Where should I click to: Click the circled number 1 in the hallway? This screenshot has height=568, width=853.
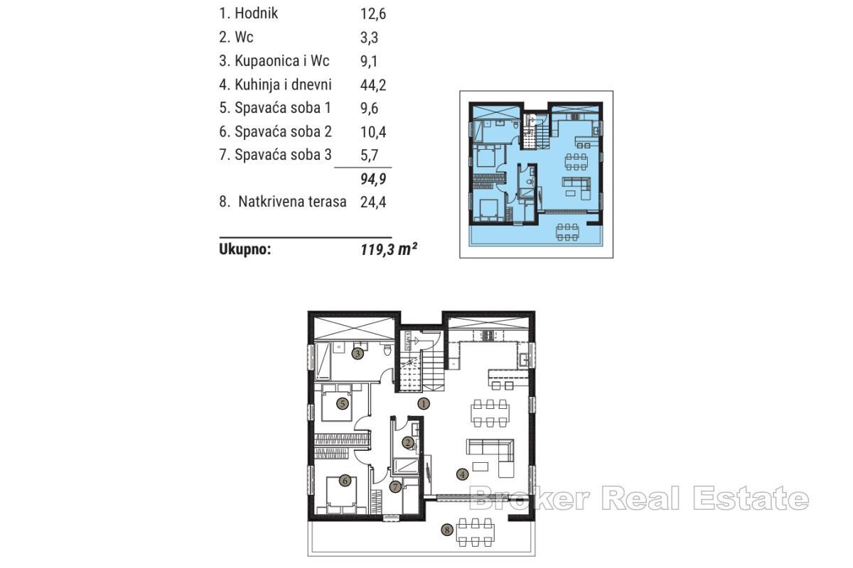[424, 404]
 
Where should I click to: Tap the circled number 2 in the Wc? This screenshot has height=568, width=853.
[407, 442]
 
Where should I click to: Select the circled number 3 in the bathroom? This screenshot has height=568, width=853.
[358, 352]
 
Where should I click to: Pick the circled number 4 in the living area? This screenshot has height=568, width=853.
[462, 474]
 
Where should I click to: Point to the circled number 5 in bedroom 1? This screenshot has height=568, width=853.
[342, 404]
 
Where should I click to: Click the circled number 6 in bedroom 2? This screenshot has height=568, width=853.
[345, 481]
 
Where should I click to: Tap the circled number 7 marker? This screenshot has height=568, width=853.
[395, 487]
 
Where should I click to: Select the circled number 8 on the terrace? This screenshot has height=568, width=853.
[447, 529]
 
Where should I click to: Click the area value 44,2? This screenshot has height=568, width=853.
[373, 84]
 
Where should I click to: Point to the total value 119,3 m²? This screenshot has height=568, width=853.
[388, 249]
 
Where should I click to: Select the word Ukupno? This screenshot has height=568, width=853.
[245, 249]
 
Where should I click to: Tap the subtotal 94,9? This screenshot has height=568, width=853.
[373, 178]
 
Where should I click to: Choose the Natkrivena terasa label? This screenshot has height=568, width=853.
[292, 202]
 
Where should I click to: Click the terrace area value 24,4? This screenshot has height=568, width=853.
[373, 202]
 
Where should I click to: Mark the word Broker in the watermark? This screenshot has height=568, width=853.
[530, 499]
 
